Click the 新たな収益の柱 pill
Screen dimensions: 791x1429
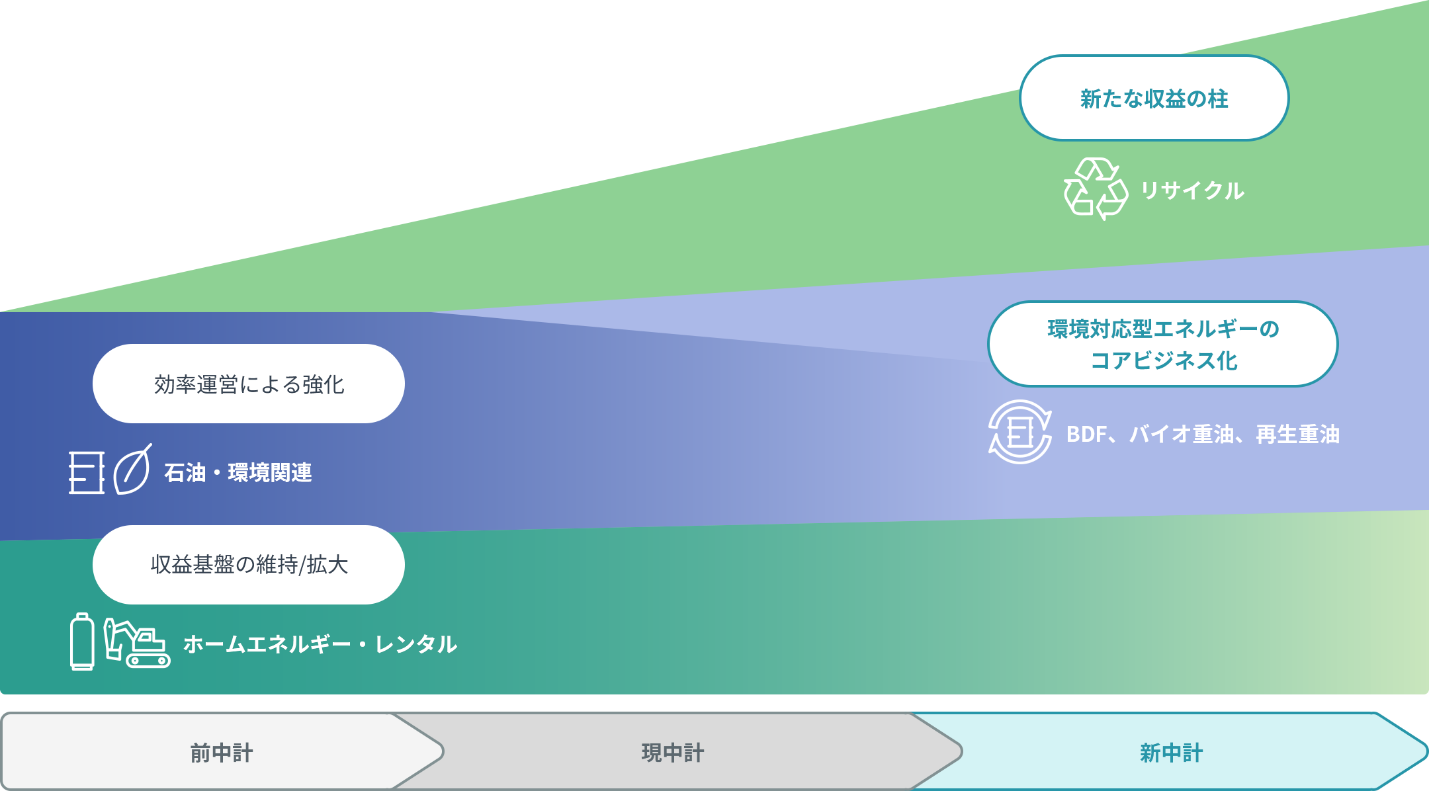pyautogui.click(x=1154, y=98)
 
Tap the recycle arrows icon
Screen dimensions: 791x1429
pyautogui.click(x=1096, y=188)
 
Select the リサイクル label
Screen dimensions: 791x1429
pyautogui.click(x=1192, y=190)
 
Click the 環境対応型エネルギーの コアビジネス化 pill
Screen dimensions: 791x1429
pyautogui.click(x=1162, y=344)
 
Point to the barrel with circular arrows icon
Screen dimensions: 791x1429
pyautogui.click(x=1019, y=433)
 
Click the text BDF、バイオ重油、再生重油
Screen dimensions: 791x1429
pyautogui.click(x=1203, y=435)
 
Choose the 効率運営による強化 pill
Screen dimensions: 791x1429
pyautogui.click(x=249, y=384)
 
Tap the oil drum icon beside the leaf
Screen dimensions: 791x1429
pyautogui.click(x=87, y=472)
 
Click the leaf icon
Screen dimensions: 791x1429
pyautogui.click(x=132, y=470)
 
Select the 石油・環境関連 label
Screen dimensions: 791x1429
pyautogui.click(x=238, y=473)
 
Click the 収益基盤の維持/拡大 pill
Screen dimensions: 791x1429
pyautogui.click(x=249, y=565)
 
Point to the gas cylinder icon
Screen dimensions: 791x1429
pyautogui.click(x=82, y=642)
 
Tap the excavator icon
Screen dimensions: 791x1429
pyautogui.click(x=137, y=643)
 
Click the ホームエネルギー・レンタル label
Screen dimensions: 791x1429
pyautogui.click(x=320, y=644)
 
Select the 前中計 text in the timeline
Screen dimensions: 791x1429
pyautogui.click(x=222, y=753)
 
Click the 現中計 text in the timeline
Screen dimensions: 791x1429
pyautogui.click(x=673, y=753)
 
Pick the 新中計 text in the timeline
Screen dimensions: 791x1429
pyautogui.click(x=1171, y=753)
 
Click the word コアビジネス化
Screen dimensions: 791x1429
pyautogui.click(x=1164, y=360)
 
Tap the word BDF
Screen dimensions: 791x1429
pyautogui.click(x=1086, y=435)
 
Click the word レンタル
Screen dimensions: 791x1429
pyautogui.click(x=416, y=644)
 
